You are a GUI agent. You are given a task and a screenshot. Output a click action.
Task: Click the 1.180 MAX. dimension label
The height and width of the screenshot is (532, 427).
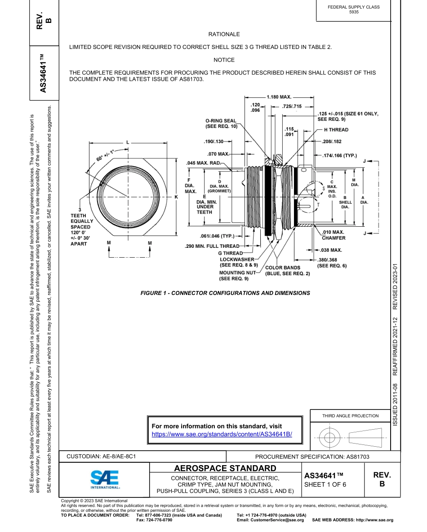[x=279, y=97]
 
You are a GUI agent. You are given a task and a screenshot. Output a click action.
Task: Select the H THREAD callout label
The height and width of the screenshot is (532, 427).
[x=336, y=130]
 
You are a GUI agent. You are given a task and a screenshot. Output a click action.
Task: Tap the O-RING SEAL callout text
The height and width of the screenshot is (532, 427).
[x=221, y=124]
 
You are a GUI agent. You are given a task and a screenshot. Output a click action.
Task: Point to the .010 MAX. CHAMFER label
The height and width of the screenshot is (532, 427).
[x=334, y=235]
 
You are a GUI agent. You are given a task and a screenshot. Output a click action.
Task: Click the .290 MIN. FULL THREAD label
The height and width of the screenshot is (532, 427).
[x=212, y=246]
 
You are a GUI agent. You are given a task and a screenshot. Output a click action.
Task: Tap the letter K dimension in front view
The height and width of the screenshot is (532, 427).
[x=176, y=197]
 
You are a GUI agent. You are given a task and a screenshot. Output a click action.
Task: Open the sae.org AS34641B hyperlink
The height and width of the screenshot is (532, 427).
[x=222, y=435]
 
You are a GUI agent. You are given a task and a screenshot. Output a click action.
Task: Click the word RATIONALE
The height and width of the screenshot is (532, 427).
[x=224, y=34]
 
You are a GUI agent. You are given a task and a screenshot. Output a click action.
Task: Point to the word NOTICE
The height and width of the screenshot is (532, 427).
[x=224, y=60]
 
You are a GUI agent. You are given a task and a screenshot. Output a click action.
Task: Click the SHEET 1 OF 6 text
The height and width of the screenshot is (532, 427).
[x=325, y=484]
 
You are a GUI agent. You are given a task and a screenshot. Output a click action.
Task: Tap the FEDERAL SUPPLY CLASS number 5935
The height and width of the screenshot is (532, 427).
[x=354, y=12]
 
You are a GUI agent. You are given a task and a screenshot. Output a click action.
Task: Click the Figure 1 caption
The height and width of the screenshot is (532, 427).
[x=225, y=293]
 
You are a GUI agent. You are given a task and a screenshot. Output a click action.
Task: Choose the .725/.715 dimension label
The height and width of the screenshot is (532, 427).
[x=292, y=106]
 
